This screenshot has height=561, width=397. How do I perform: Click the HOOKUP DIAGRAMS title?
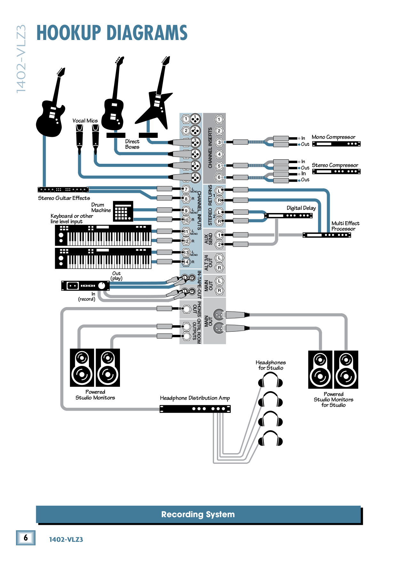[112, 33]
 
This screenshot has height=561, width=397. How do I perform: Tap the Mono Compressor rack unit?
[336, 144]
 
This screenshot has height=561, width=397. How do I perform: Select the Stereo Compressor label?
[335, 165]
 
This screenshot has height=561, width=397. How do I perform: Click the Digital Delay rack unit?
[289, 216]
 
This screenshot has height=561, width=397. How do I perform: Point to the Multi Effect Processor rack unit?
[327, 235]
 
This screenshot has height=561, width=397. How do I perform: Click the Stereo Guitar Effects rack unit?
[63, 190]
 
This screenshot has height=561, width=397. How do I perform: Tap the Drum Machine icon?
[123, 211]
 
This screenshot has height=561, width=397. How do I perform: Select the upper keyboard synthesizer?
[103, 235]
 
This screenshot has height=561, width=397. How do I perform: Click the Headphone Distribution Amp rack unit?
[195, 409]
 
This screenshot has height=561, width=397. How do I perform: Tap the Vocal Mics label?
[85, 121]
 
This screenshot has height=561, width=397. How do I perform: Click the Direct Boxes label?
[132, 144]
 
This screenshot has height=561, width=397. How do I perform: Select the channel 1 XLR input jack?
[195, 119]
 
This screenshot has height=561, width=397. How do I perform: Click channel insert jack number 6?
[219, 178]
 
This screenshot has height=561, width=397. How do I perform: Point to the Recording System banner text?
[198, 514]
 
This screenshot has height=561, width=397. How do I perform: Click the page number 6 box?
[26, 538]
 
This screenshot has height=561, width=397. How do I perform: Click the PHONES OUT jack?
[187, 309]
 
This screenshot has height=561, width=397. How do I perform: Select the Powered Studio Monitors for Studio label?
[333, 399]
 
